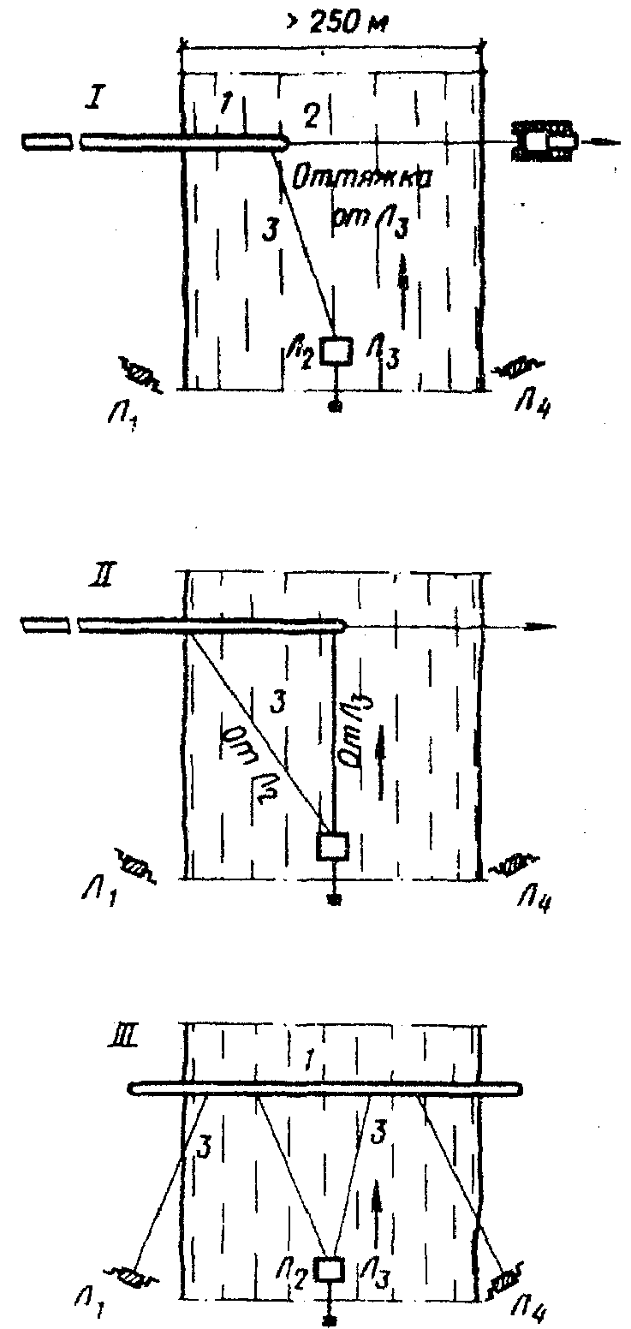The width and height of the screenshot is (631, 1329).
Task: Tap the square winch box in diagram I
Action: tap(335, 351)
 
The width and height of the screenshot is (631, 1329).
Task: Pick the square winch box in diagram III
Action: tap(330, 1269)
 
